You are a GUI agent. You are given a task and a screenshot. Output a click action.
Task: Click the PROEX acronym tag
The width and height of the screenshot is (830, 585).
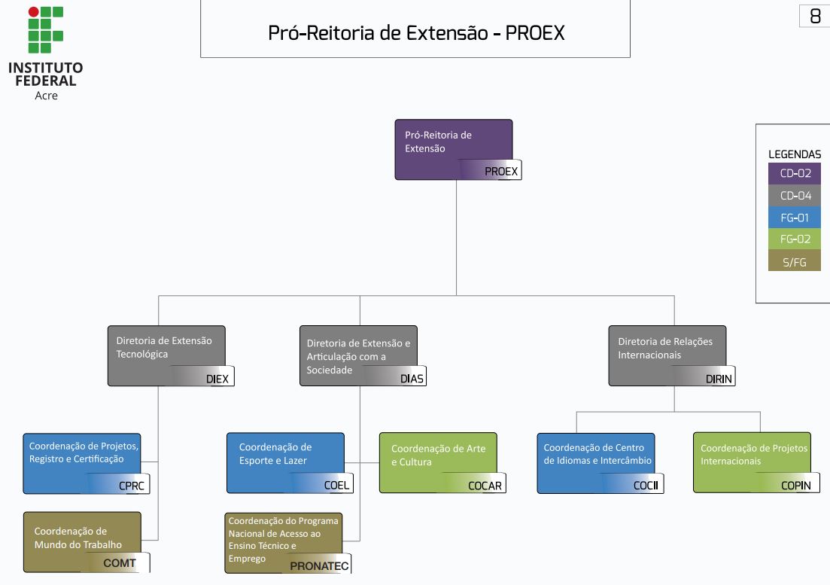(x=500, y=171)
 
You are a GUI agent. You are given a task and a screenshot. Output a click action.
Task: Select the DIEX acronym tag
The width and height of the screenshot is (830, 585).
(x=218, y=379)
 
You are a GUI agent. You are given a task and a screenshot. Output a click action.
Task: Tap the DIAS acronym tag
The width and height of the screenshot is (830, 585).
(x=412, y=379)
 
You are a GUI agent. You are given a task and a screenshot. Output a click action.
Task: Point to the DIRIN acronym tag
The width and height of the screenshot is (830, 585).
(x=719, y=379)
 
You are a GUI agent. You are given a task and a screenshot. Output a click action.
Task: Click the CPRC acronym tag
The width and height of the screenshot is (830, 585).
(x=132, y=486)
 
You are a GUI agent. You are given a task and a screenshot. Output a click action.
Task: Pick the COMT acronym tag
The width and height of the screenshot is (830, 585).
(x=120, y=562)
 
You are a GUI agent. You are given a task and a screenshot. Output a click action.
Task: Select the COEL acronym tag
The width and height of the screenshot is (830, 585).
(x=336, y=486)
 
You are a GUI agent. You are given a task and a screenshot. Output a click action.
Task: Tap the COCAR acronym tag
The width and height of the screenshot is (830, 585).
(x=485, y=486)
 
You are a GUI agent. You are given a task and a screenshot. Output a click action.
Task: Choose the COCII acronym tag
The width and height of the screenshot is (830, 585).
(x=646, y=486)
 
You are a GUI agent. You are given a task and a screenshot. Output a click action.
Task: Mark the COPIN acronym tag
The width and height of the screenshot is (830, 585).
(x=795, y=486)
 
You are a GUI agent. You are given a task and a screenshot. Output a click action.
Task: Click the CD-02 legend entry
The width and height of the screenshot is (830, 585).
(x=795, y=174)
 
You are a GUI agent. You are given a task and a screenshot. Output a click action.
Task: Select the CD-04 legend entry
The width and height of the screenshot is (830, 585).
(x=795, y=196)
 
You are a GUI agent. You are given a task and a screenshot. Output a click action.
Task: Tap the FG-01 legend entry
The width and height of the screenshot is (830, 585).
(x=795, y=218)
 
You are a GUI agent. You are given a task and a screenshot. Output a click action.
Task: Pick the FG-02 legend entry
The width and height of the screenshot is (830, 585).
(x=795, y=239)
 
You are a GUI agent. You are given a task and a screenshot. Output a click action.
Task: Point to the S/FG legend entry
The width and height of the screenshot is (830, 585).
(x=795, y=261)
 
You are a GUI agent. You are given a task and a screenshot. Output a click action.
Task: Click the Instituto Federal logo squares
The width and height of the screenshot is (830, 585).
(x=45, y=30)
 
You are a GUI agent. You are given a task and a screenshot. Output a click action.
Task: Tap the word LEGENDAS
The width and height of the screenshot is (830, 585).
(x=795, y=154)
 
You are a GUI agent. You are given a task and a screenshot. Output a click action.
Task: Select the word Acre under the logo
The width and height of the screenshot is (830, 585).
(x=46, y=96)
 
